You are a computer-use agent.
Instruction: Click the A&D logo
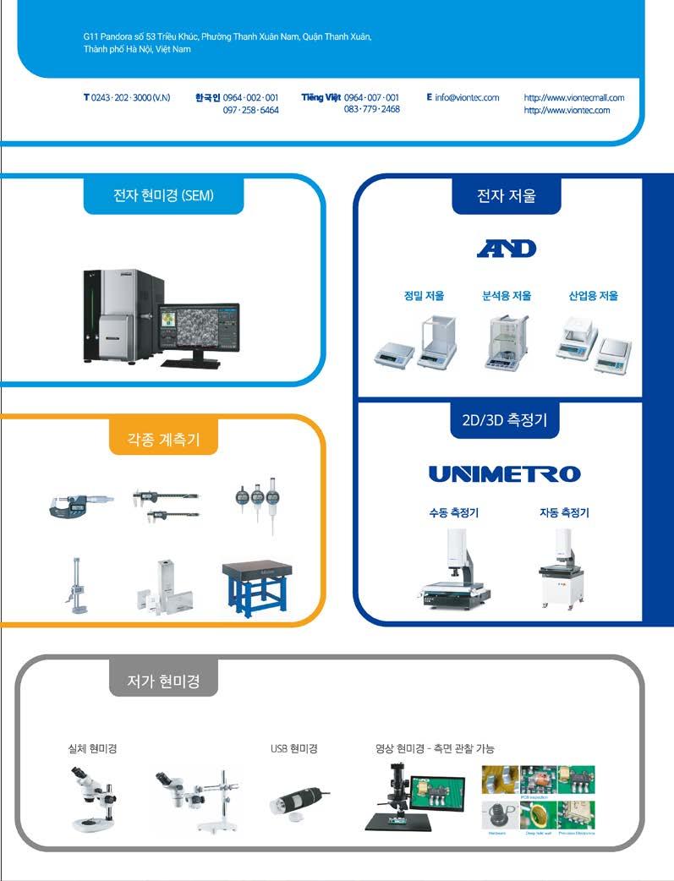(x=507, y=249)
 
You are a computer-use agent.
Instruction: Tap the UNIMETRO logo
(x=505, y=473)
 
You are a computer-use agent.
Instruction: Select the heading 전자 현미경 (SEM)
(x=164, y=195)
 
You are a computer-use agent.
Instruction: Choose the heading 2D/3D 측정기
(x=505, y=420)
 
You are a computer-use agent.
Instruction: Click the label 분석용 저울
(x=507, y=296)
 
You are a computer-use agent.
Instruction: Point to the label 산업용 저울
(x=593, y=296)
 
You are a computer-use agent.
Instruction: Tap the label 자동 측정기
(x=564, y=512)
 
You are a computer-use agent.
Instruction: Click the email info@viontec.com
(x=467, y=98)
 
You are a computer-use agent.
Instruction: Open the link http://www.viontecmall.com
(x=574, y=98)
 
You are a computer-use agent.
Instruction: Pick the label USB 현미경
(x=293, y=748)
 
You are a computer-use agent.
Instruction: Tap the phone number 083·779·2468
(x=372, y=110)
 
